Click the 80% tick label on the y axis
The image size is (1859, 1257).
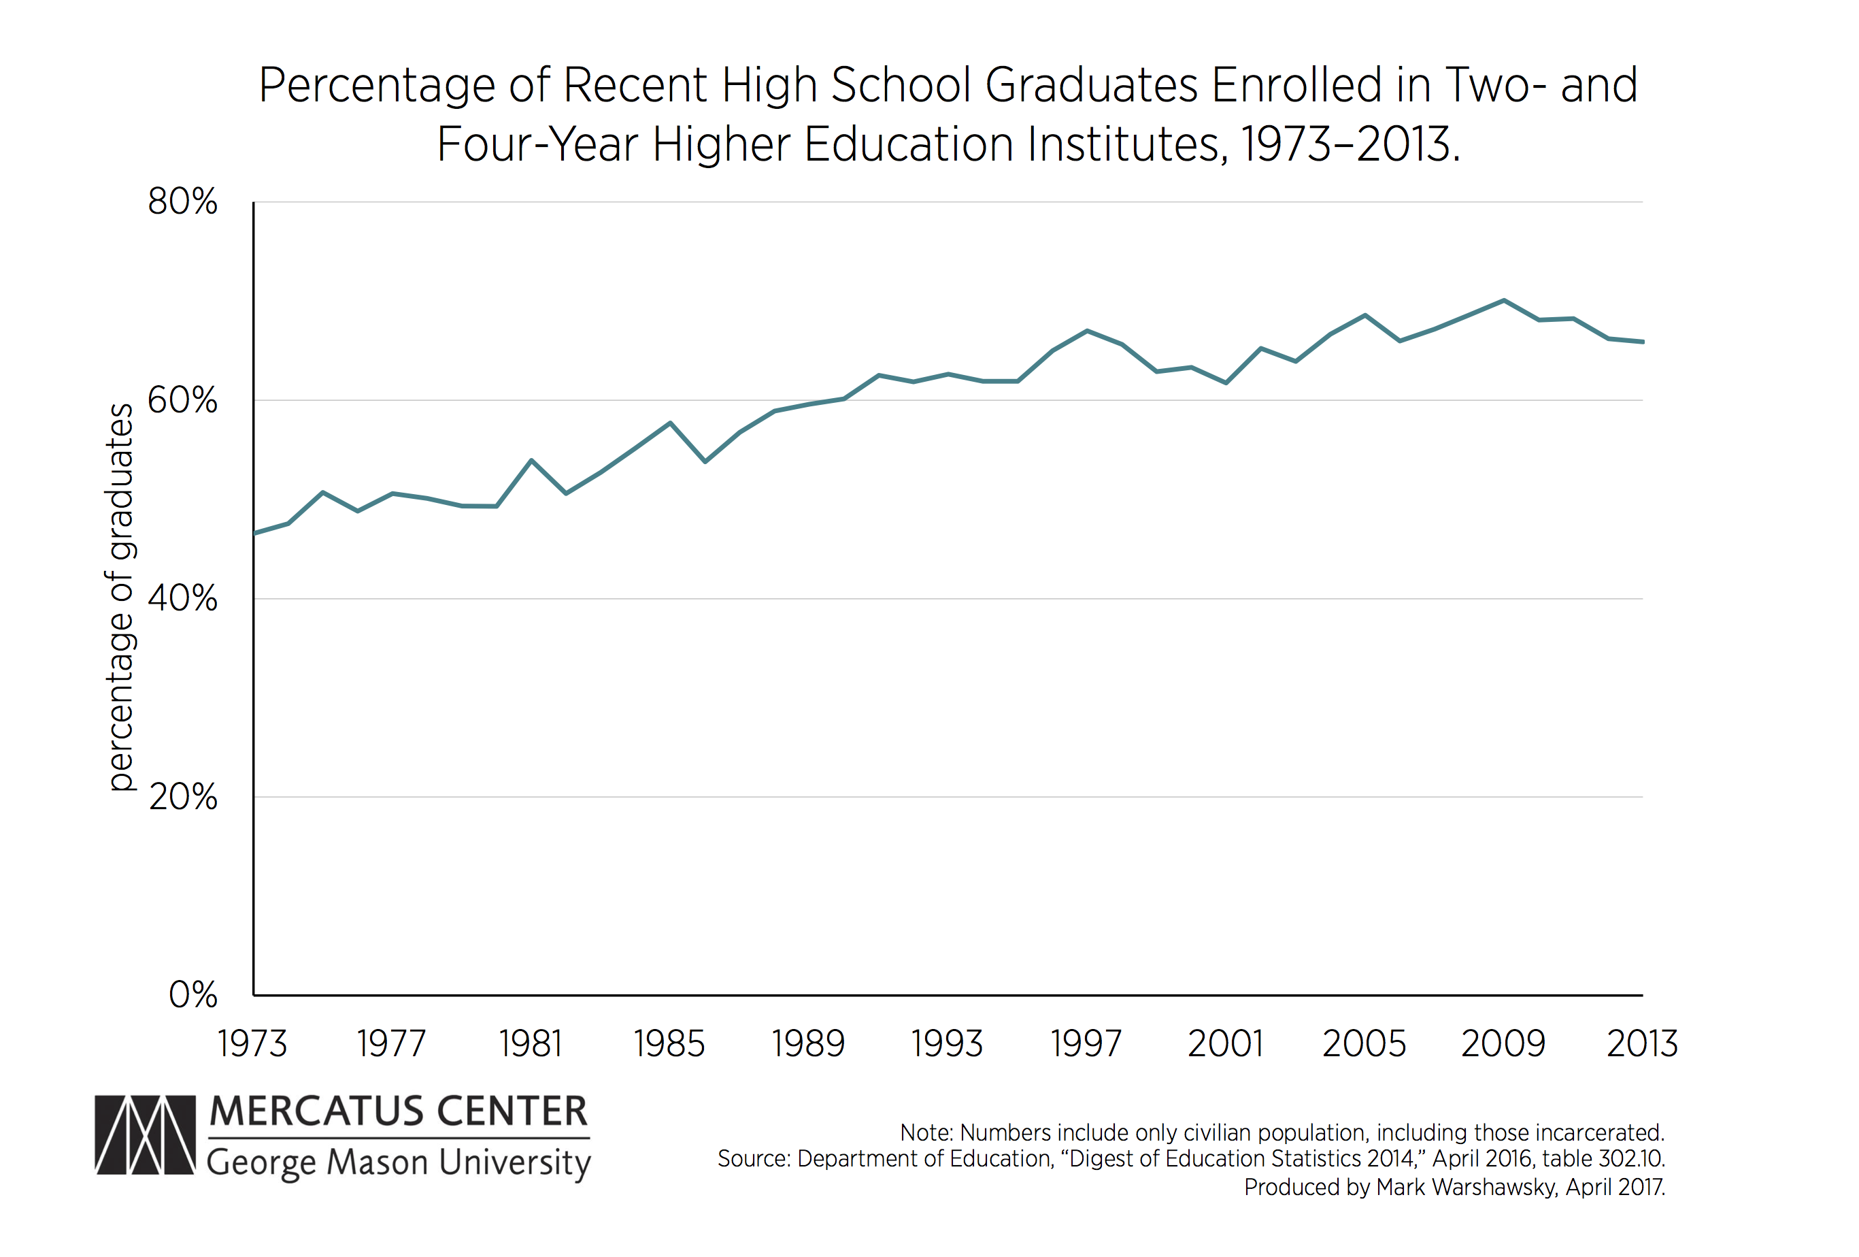182,201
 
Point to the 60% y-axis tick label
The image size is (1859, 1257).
182,400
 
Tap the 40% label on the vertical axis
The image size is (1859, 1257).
182,598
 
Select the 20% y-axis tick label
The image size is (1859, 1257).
182,797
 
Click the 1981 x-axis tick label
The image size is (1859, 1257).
531,1044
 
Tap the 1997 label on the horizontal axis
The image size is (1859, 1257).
1086,1044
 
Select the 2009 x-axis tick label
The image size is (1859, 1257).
1503,1044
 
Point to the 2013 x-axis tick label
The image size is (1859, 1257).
1642,1044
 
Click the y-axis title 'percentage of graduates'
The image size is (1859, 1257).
121,597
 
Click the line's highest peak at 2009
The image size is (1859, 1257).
1504,300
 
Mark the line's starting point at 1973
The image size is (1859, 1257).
254,533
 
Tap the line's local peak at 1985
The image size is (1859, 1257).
670,423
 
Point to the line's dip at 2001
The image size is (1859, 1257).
1226,383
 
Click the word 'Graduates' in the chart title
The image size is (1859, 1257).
1091,85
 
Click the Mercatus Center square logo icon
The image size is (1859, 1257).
145,1134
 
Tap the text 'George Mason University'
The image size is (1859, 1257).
399,1162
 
